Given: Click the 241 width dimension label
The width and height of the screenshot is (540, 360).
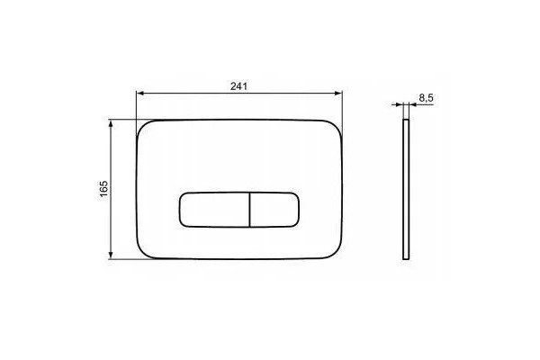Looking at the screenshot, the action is click(238, 86).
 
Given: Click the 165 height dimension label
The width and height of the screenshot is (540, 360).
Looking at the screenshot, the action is click(103, 189).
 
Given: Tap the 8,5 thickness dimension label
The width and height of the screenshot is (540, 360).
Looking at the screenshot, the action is click(426, 98).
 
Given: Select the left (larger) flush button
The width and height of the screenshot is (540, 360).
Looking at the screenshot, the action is click(214, 210).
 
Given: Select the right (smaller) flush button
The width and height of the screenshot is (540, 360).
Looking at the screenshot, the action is click(274, 210).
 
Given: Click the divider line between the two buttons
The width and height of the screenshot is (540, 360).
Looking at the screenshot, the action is click(249, 210).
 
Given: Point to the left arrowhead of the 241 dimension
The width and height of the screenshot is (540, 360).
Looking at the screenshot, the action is click(139, 93).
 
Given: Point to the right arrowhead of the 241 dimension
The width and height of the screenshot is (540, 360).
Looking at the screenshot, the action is click(339, 93).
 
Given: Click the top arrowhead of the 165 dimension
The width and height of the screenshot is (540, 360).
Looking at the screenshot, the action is click(111, 123).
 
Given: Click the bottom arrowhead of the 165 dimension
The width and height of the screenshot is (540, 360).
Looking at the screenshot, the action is click(111, 255).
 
